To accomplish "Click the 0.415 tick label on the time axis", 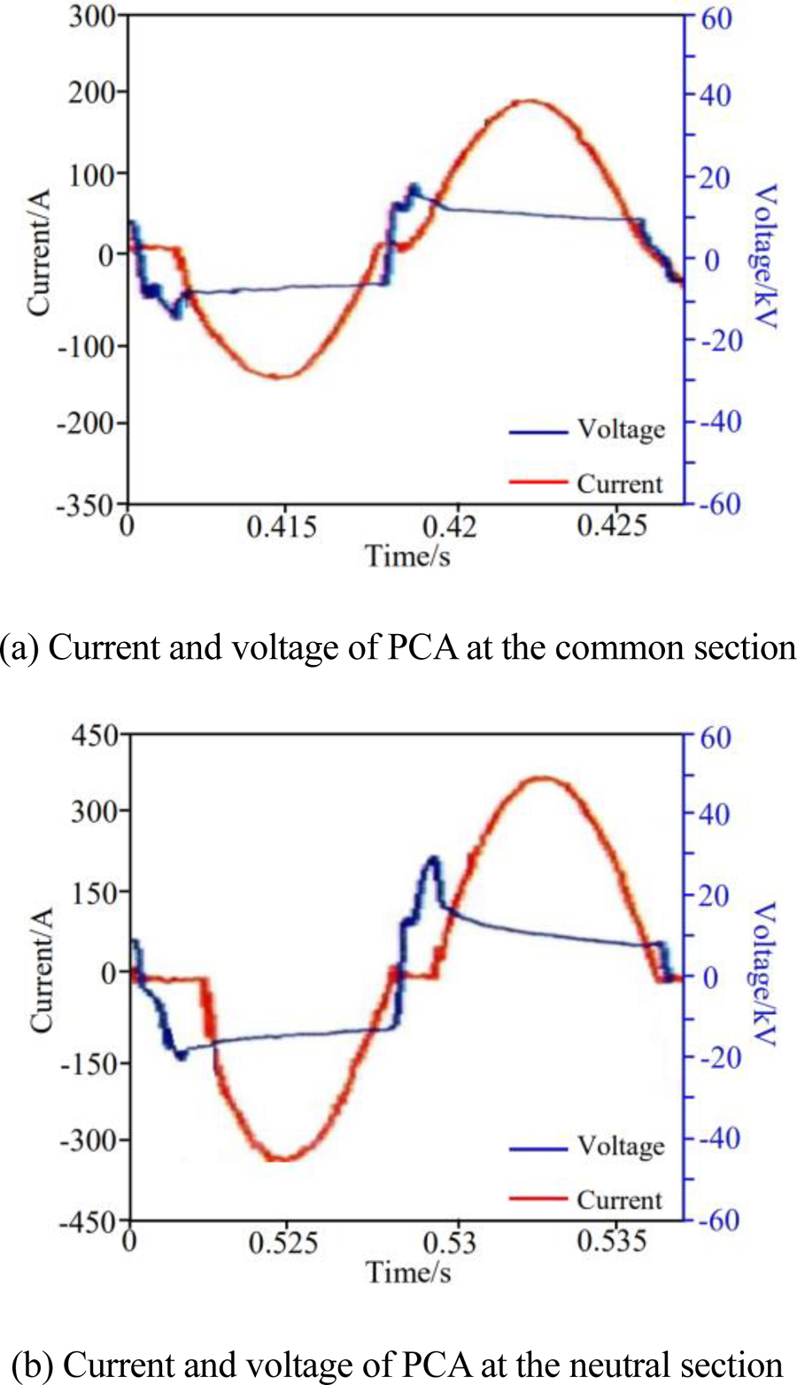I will point(282,527).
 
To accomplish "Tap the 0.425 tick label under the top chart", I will point(611,527).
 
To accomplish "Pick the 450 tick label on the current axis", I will point(95,737).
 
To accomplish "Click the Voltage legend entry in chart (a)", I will point(620,429).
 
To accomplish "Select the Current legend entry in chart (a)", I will point(619,484).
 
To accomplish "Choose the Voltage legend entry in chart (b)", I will point(620,1147).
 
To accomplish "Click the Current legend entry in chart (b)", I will point(619,1201).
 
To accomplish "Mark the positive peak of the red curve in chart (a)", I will point(530,101).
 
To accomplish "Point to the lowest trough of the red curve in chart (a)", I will point(278,376).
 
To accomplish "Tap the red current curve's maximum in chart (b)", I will point(544,778).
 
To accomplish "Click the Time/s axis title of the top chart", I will point(407,556).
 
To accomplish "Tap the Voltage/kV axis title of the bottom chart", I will point(763,974).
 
